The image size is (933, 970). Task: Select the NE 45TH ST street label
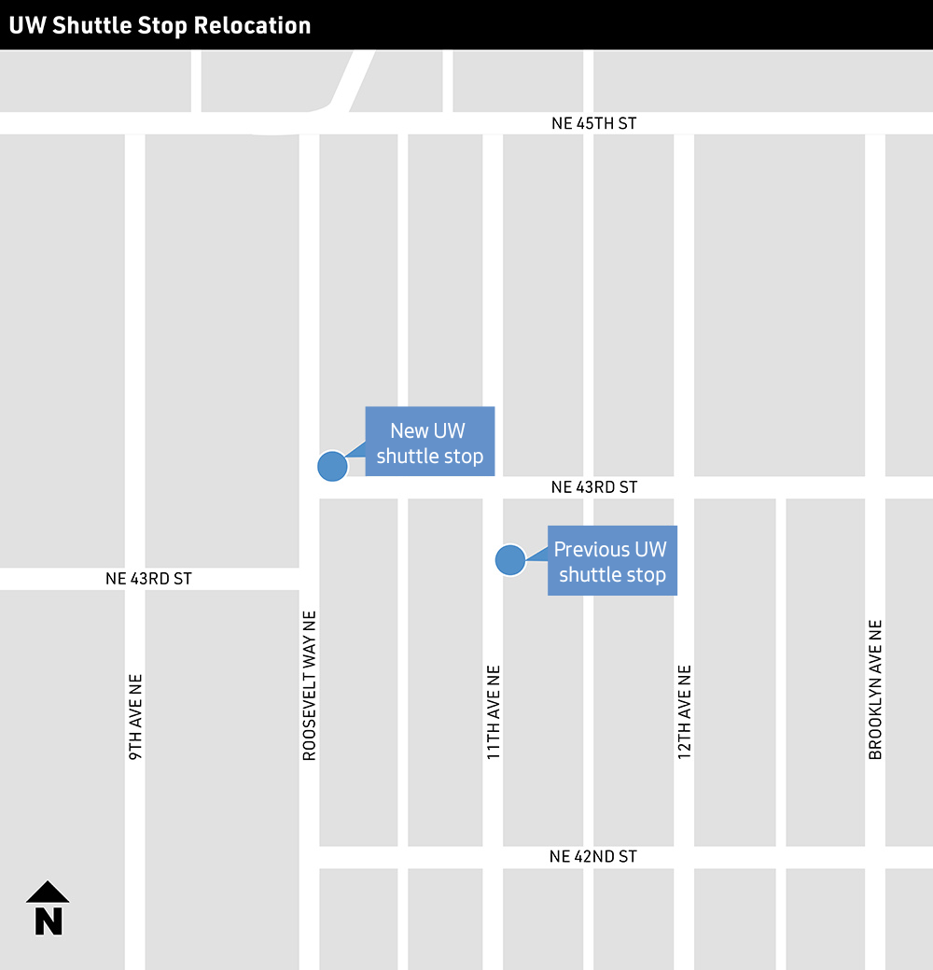[593, 123]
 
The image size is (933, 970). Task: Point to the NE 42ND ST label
[593, 856]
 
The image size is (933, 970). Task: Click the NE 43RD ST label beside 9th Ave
[148, 579]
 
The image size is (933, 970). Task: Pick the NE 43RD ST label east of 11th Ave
[594, 487]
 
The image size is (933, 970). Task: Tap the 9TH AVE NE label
[135, 716]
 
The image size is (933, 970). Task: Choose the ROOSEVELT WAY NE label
[310, 685]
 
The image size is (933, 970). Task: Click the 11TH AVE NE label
[494, 711]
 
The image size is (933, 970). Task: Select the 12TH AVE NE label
[684, 711]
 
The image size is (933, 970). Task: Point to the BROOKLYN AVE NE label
[875, 689]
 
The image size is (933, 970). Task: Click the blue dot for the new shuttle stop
[332, 466]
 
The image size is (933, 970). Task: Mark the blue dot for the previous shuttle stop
[509, 560]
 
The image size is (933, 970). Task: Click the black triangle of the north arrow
[48, 893]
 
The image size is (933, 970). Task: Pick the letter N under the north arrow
[49, 921]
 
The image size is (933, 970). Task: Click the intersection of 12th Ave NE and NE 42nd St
[684, 857]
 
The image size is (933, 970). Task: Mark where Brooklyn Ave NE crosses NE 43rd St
[874, 487]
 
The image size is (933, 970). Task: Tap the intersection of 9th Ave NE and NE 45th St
[135, 123]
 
